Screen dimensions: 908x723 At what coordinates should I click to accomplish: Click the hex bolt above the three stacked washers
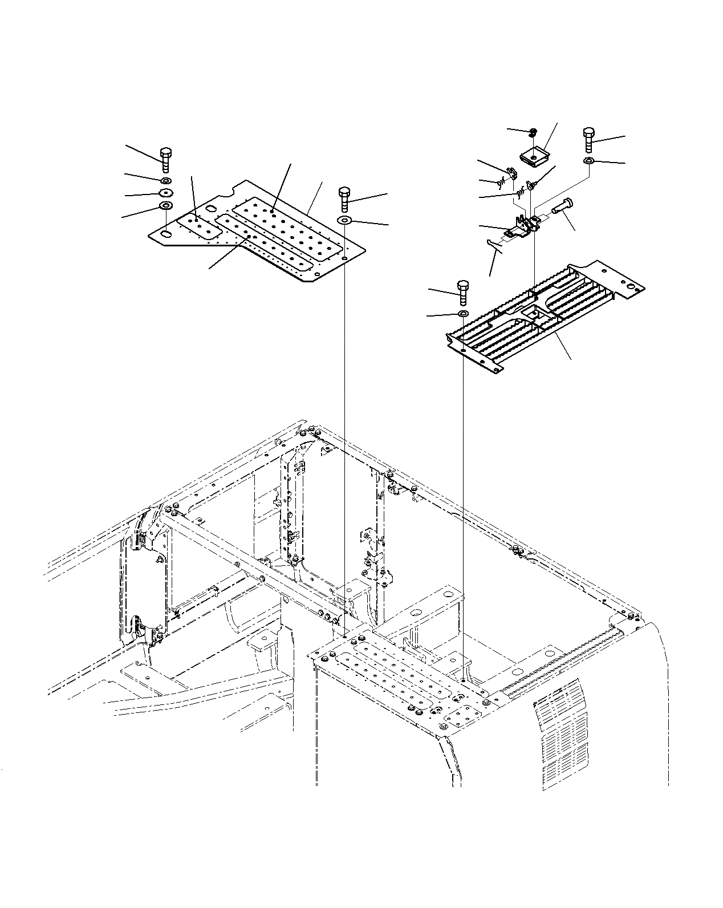click(165, 160)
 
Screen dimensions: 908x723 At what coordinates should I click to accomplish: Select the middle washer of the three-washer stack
click(165, 193)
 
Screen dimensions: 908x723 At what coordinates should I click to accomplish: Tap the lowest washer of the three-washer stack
click(165, 205)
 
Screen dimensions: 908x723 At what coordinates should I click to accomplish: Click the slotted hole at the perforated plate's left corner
click(165, 233)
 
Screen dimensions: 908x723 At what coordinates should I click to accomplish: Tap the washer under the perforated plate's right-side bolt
click(345, 220)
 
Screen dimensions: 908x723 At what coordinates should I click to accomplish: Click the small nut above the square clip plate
click(532, 133)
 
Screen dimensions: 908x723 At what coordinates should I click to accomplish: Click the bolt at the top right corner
click(589, 139)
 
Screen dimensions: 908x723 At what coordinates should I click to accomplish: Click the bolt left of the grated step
click(462, 293)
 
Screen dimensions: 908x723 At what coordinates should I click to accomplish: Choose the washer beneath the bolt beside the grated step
click(462, 314)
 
